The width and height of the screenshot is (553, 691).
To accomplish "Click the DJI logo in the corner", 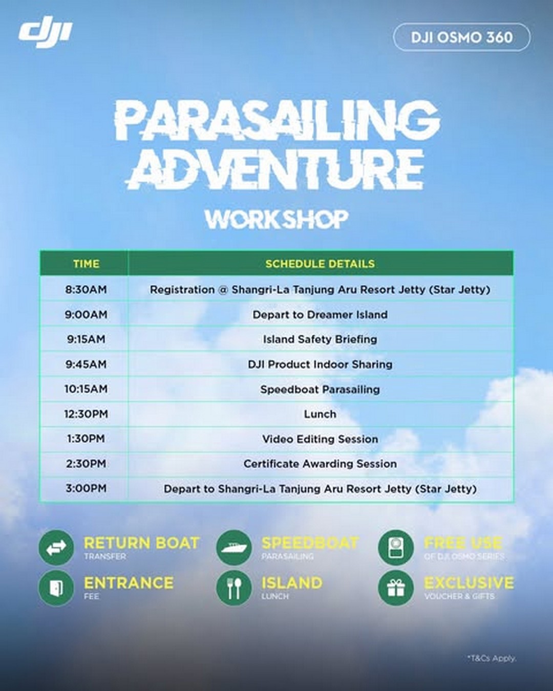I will tap(46, 35).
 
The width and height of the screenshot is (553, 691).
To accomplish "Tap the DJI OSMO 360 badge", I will tap(461, 37).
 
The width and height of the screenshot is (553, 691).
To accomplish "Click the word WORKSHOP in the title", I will tap(276, 219).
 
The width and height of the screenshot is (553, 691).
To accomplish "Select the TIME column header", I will tap(86, 264).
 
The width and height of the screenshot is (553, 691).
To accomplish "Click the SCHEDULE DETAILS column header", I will tap(320, 264).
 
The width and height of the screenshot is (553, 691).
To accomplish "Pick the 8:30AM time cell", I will tap(86, 290).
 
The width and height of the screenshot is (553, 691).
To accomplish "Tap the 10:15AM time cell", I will tap(86, 389).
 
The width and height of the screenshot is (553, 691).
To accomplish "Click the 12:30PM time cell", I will tap(86, 414).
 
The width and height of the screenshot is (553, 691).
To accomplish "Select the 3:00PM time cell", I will tap(86, 488).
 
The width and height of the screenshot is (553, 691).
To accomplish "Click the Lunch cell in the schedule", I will tap(320, 414).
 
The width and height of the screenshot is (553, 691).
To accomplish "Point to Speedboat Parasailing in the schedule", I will tap(320, 390).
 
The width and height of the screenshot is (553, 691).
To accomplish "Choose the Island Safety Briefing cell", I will tap(320, 339).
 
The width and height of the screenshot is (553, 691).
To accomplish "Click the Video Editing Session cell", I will tap(320, 439).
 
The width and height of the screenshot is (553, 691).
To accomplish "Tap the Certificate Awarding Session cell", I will tap(320, 464).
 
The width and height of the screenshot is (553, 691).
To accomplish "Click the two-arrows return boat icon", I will tap(56, 548).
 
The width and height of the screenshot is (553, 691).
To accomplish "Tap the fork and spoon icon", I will tap(234, 588).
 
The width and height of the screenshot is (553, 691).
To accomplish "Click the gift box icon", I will tap(396, 588).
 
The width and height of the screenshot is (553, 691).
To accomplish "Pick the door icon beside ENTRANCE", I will tap(56, 588).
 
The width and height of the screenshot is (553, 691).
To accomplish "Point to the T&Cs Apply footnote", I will tap(491, 658).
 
